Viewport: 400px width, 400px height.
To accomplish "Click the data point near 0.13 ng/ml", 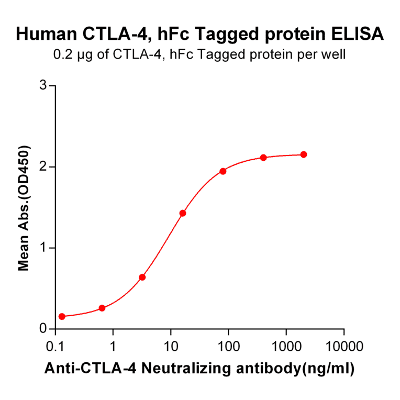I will [x=62, y=316].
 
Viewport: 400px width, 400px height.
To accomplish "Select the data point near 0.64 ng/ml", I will [x=102, y=308].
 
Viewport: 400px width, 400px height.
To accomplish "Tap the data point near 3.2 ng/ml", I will [x=142, y=277].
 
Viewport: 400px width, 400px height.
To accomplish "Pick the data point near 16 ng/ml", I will [x=183, y=213].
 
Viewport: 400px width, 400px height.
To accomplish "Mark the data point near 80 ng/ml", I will [x=223, y=171].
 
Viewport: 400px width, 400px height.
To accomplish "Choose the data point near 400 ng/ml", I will [x=263, y=158].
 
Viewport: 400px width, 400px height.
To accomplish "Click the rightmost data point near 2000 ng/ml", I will [x=304, y=154].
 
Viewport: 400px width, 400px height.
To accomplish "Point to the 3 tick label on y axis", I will [x=43, y=85].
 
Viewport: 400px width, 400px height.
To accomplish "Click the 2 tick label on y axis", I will [x=43, y=166].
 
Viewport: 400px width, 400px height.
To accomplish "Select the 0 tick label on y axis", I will [x=43, y=329].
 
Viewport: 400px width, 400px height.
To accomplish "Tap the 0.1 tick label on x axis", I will [x=55, y=346].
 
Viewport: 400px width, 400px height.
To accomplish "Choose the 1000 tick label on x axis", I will [x=286, y=346].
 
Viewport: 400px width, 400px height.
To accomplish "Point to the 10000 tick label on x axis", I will [x=344, y=346].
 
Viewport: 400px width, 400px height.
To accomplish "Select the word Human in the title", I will [x=46, y=34].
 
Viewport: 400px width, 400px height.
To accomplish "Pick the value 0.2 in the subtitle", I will [x=62, y=54].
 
